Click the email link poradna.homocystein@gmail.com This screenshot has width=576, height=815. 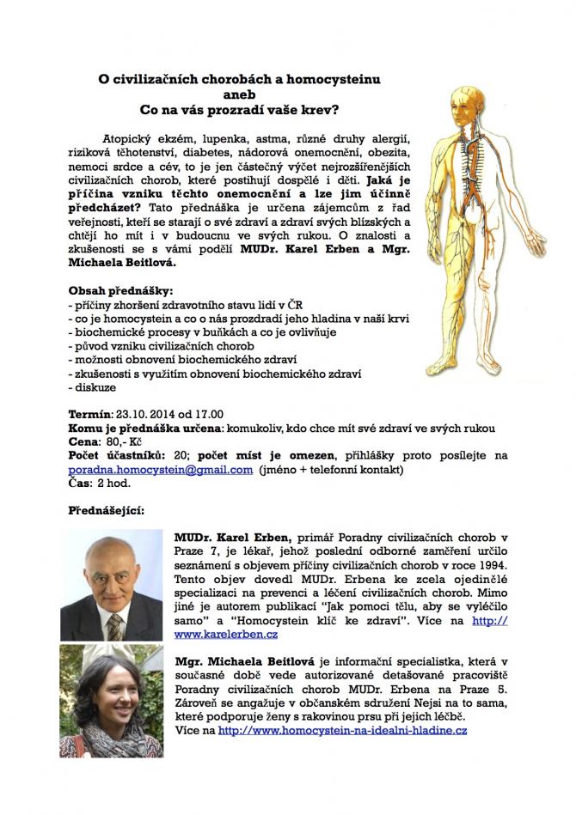pos(161,470)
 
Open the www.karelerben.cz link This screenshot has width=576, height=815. pos(225,635)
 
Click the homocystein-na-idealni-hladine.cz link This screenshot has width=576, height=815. pos(342,730)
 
